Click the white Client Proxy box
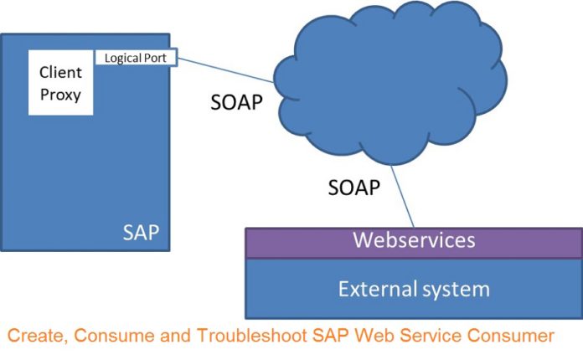pyautogui.click(x=60, y=83)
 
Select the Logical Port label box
pyautogui.click(x=136, y=58)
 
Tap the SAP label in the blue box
pyautogui.click(x=141, y=233)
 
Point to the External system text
pyautogui.click(x=414, y=289)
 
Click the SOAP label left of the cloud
pyautogui.click(x=236, y=102)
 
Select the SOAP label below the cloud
pyautogui.click(x=354, y=188)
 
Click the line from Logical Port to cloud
pyautogui.click(x=225, y=69)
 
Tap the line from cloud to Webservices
pyautogui.click(x=402, y=197)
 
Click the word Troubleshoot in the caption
pyautogui.click(x=252, y=336)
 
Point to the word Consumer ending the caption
pyautogui.click(x=510, y=336)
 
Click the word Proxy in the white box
pyautogui.click(x=60, y=95)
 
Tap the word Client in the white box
pyautogui.click(x=60, y=72)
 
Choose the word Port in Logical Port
pyautogui.click(x=156, y=58)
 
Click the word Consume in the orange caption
pyautogui.click(x=114, y=336)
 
